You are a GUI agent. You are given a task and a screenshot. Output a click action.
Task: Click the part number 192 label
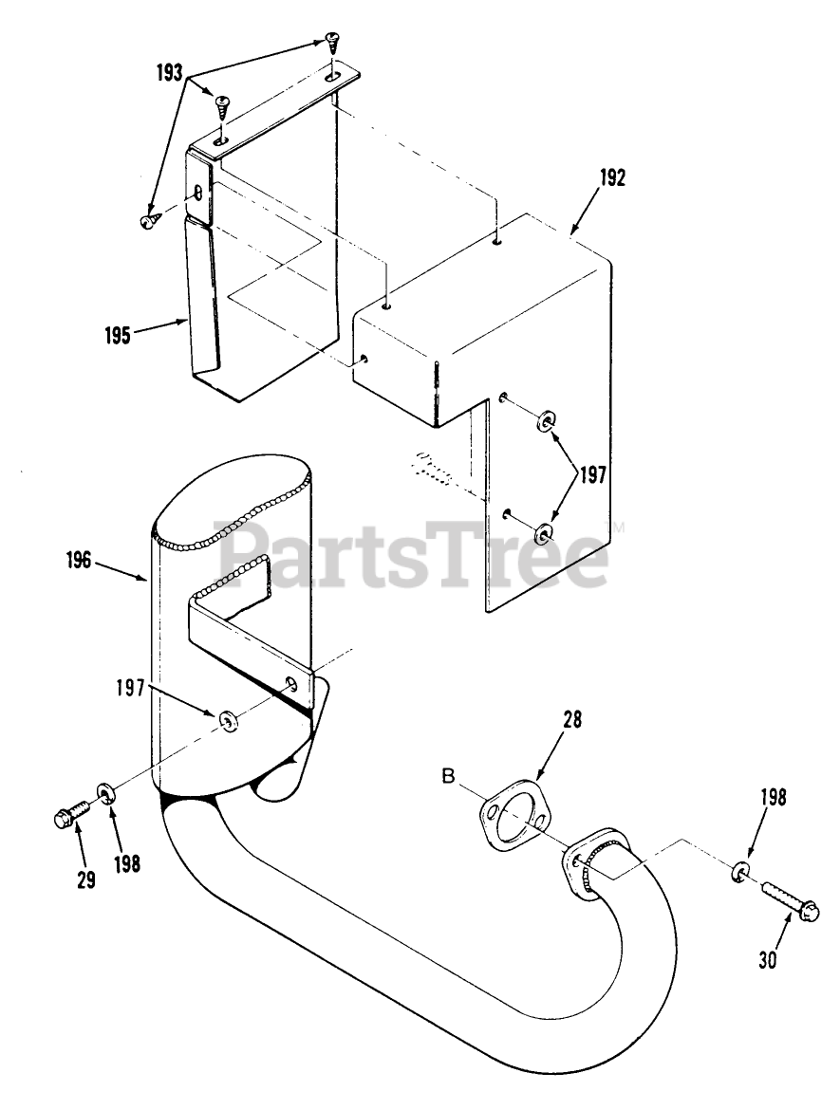[x=613, y=177]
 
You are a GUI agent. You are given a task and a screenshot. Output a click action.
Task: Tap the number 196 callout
[x=79, y=561]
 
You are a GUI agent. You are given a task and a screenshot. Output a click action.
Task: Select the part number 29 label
[x=85, y=879]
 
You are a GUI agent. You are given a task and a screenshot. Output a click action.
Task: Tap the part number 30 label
[x=768, y=959]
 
